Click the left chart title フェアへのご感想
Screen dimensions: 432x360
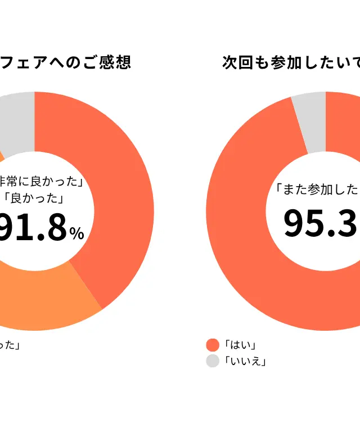(65, 62)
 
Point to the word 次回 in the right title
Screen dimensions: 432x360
(237, 62)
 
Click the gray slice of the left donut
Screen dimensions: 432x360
(17, 121)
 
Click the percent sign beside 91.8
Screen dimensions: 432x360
(76, 233)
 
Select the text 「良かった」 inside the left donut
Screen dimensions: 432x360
(32, 198)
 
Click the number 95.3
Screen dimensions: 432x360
(321, 222)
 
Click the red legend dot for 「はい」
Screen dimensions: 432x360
(213, 345)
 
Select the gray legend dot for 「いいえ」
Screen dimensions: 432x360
(213, 361)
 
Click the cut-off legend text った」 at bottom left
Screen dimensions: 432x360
(11, 345)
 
